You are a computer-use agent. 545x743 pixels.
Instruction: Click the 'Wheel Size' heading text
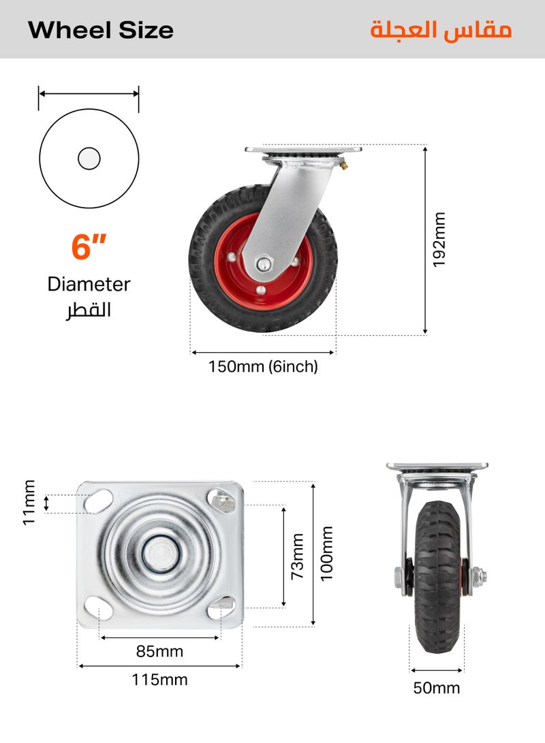[101, 30]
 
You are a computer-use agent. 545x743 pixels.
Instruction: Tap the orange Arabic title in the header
[441, 31]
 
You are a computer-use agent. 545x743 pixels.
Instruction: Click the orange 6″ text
[89, 247]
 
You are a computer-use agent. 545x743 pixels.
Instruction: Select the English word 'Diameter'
[89, 284]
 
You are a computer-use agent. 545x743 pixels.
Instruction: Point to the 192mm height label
[439, 240]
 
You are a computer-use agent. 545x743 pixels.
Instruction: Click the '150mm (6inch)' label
[263, 367]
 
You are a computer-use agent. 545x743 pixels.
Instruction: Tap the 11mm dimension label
[29, 503]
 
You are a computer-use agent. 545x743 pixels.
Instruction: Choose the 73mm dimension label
[298, 556]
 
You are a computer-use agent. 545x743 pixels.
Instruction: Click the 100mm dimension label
[327, 553]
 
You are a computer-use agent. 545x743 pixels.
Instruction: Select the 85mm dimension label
[159, 652]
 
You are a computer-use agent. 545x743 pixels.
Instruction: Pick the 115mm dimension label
[159, 680]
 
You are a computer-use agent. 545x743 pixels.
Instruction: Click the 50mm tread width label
[437, 688]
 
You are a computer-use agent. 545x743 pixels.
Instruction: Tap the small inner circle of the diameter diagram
[89, 159]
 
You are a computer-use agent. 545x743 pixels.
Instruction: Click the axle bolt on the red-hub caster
[263, 263]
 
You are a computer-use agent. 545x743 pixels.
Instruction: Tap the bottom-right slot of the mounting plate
[221, 605]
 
